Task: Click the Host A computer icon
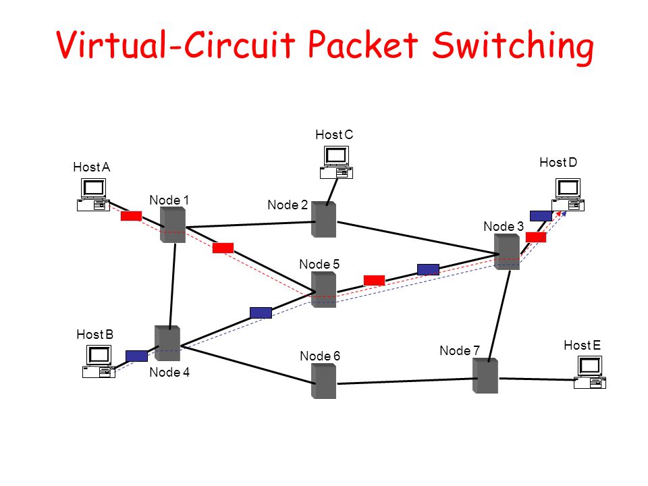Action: (x=93, y=194)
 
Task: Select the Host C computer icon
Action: (x=336, y=162)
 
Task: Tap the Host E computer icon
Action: (x=590, y=372)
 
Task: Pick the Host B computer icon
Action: (x=99, y=361)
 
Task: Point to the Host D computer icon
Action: (x=568, y=194)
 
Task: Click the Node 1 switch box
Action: (x=173, y=224)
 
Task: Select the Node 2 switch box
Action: (x=323, y=219)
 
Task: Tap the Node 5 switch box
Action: (x=323, y=290)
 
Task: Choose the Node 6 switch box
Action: (x=323, y=381)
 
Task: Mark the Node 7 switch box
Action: (x=485, y=376)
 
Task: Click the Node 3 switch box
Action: (x=507, y=252)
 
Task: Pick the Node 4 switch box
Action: (x=167, y=343)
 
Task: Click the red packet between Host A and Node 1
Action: (x=132, y=216)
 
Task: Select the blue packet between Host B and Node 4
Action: (x=137, y=356)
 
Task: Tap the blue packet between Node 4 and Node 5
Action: (x=261, y=313)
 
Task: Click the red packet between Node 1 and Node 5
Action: (x=223, y=248)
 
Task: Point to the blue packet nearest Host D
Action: (x=541, y=216)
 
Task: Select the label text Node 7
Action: (x=460, y=350)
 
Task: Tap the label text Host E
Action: (x=583, y=345)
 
